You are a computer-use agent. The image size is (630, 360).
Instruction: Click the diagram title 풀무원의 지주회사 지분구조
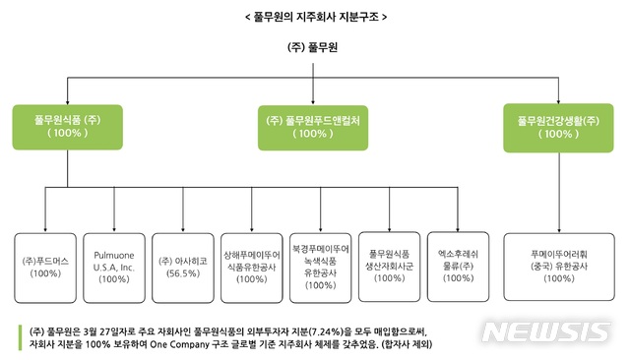tap(314, 17)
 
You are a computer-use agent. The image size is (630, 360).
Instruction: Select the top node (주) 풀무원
tap(314, 48)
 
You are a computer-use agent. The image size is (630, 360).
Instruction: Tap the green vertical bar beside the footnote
tap(20, 338)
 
